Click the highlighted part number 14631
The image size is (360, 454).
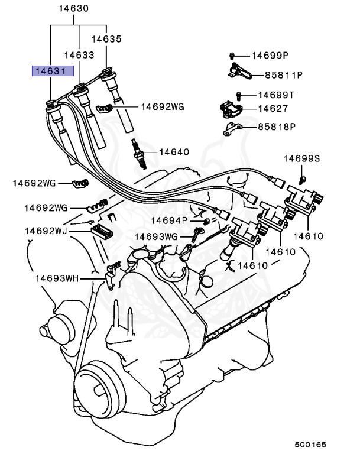[x=53, y=72]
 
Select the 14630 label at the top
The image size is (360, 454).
[x=74, y=9]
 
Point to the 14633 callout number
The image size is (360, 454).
[x=79, y=54]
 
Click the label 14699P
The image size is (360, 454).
[x=270, y=56]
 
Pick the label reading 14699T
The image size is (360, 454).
[x=276, y=95]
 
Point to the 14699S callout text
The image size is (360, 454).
[x=301, y=158]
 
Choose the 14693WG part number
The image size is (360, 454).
[x=155, y=236]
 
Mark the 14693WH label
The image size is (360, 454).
[x=56, y=277]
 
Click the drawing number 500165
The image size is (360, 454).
[x=311, y=443]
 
